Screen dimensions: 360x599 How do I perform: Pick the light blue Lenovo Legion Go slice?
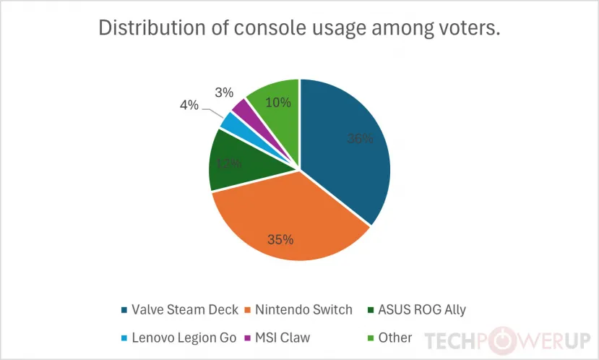tap(230, 122)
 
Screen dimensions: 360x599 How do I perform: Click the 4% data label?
tap(189, 105)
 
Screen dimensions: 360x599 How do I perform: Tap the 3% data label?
tap(223, 93)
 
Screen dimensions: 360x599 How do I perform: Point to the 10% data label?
tap(278, 103)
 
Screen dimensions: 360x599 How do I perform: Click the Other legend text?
tap(395, 338)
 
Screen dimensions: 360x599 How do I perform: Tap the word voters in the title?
tap(463, 28)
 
